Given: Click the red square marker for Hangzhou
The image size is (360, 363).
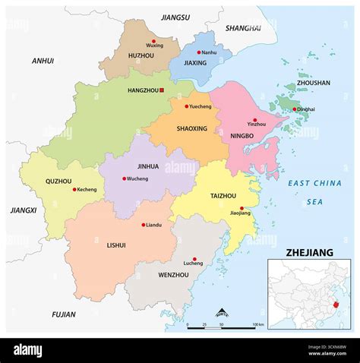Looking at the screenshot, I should pyautogui.click(x=161, y=90).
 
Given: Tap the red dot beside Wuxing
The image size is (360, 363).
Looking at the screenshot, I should pyautogui.click(x=153, y=41).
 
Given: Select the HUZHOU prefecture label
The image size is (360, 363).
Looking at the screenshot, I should pyautogui.click(x=141, y=55).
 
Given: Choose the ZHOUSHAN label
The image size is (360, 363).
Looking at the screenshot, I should pyautogui.click(x=313, y=83).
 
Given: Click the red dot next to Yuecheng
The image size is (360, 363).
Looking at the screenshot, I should pyautogui.click(x=185, y=107).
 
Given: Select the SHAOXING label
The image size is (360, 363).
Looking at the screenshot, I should pyautogui.click(x=191, y=128).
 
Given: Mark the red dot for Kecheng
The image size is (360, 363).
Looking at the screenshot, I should pyautogui.click(x=74, y=189).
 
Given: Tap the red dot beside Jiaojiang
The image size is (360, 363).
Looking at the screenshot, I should pyautogui.click(x=242, y=208).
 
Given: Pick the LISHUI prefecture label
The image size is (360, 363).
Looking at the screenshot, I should pyautogui.click(x=116, y=245).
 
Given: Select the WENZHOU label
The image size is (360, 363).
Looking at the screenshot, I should pyautogui.click(x=175, y=274).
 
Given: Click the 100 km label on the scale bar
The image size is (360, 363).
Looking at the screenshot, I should pyautogui.click(x=258, y=324).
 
